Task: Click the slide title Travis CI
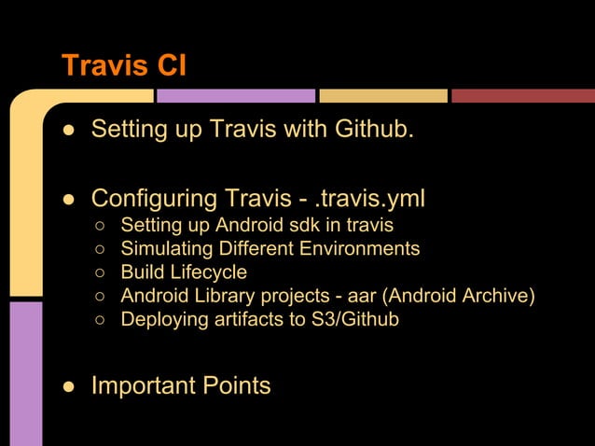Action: click(x=123, y=66)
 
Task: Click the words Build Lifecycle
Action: click(x=184, y=272)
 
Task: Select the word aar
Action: click(x=362, y=297)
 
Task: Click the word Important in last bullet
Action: click(x=149, y=385)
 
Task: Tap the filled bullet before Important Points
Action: click(x=69, y=386)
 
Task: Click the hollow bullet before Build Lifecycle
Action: click(x=100, y=273)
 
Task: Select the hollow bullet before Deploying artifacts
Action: click(x=100, y=321)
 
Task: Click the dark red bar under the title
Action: click(x=522, y=95)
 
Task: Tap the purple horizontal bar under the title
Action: click(x=235, y=95)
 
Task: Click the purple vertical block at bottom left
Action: click(x=25, y=373)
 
